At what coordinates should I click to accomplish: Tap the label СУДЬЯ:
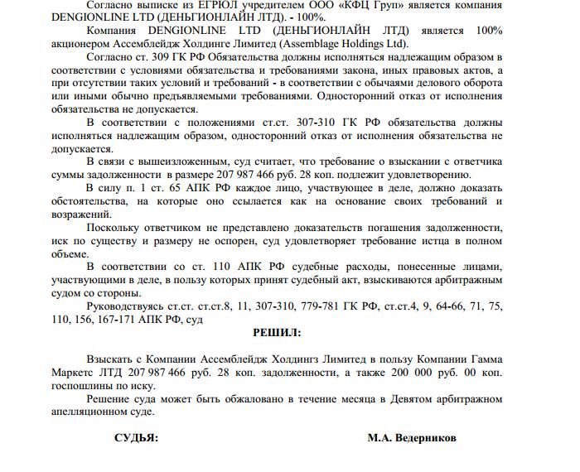(x=135, y=437)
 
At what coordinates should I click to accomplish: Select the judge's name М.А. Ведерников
(x=412, y=437)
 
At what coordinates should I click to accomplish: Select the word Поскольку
(x=113, y=226)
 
